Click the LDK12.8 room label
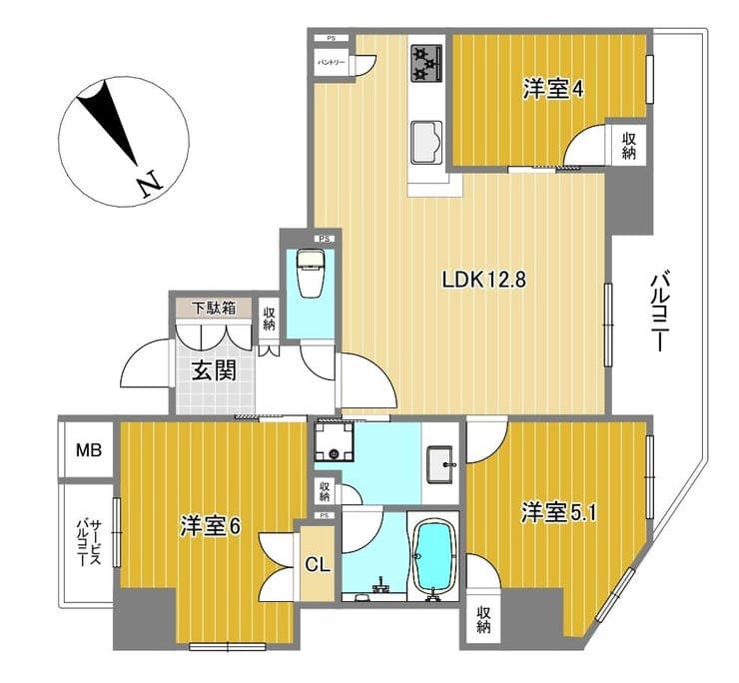tap(483, 280)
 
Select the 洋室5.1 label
tap(558, 513)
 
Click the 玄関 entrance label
tap(214, 371)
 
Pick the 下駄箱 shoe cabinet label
tap(214, 308)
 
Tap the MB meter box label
tap(90, 450)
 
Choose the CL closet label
tap(318, 564)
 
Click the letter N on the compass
tap(150, 183)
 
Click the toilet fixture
tap(311, 274)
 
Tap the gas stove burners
tap(426, 64)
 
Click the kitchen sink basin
tap(427, 141)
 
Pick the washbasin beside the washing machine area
tap(440, 464)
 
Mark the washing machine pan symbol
tap(334, 441)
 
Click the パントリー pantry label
tap(332, 62)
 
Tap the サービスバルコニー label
tap(90, 543)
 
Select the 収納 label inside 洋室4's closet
tap(629, 146)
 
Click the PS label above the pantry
tap(331, 38)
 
